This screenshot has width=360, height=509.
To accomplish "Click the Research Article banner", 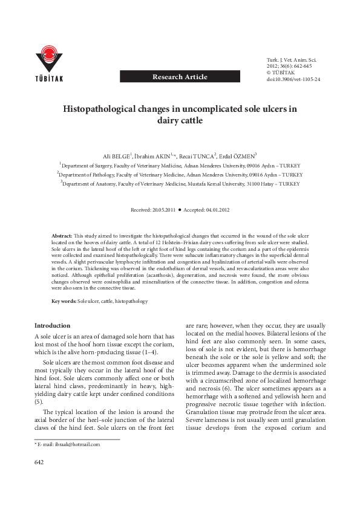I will coord(180,77).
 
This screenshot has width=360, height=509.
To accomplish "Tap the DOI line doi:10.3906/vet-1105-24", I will coord(293,79).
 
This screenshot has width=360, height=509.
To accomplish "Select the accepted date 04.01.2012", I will coord(216,210).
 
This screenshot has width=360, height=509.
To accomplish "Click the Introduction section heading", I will coord(52,325).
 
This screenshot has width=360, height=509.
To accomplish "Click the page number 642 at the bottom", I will coord(39,462).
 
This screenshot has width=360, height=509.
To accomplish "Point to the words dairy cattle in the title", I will coord(179,120).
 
